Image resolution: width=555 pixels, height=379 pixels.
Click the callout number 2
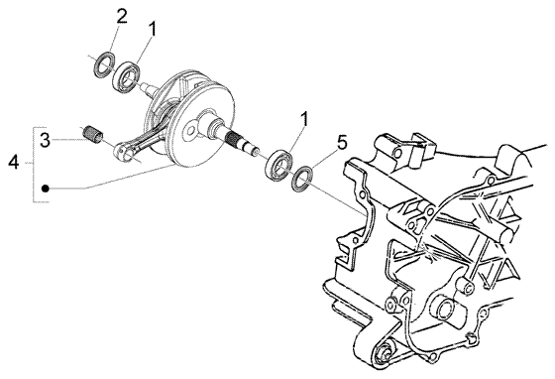coord(121,16)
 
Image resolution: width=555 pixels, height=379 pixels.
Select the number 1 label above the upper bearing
coord(152,30)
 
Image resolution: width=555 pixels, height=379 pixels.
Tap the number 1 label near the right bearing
coord(303,119)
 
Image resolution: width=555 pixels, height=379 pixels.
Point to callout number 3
coord(45,140)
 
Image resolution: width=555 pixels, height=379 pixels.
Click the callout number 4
coord(14,162)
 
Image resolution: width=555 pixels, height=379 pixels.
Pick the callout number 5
coord(342,143)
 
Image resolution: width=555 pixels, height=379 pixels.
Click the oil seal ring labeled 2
coord(104,64)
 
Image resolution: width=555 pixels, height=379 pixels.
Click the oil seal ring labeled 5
coord(302,180)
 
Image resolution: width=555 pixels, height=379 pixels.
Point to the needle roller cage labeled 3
coord(92,133)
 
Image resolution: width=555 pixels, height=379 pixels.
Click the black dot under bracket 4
coord(45,189)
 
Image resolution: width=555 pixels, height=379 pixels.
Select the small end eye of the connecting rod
coord(120,150)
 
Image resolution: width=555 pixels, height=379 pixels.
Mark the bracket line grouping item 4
coord(34,165)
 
